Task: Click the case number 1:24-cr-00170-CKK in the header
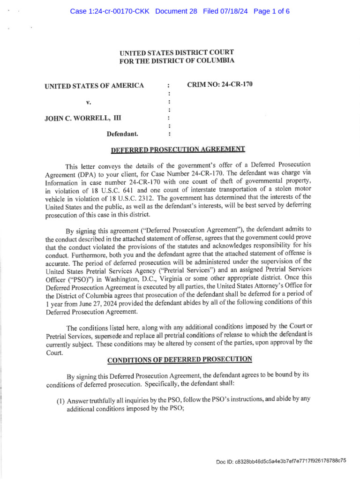[110, 11]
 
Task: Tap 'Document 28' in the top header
[176, 11]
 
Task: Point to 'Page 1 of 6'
[271, 11]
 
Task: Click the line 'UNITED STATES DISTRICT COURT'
[177, 52]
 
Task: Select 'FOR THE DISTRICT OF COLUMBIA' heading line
[177, 61]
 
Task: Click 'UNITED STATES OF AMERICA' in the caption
[94, 86]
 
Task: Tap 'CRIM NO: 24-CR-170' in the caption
[220, 85]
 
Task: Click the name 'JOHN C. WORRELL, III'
[82, 118]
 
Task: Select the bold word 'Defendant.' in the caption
[122, 134]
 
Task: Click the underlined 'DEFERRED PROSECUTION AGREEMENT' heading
[178, 150]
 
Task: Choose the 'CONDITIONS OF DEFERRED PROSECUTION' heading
[180, 360]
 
